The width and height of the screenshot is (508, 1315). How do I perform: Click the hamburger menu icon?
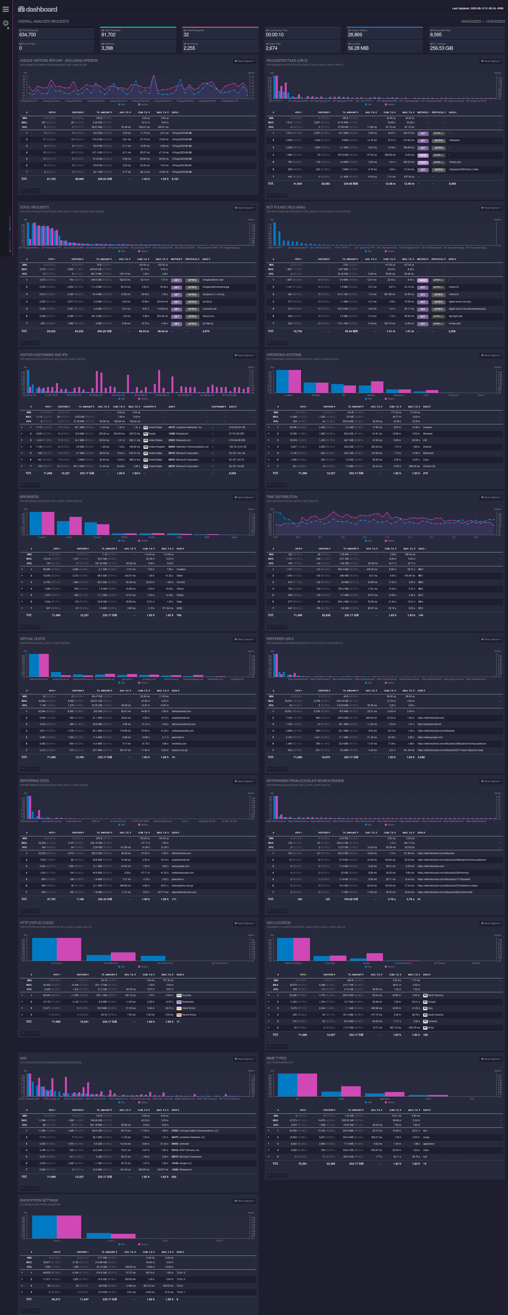(x=6, y=9)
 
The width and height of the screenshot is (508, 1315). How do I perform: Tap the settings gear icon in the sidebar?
(x=6, y=23)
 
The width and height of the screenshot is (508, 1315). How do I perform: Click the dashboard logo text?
(x=38, y=9)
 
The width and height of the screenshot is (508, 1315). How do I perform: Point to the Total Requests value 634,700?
(x=28, y=35)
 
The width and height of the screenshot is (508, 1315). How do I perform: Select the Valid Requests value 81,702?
(x=108, y=35)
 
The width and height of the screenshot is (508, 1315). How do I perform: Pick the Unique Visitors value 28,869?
(x=355, y=35)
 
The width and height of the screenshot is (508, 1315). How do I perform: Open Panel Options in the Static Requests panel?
(x=244, y=208)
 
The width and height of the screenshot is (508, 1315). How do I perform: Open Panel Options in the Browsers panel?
(x=244, y=497)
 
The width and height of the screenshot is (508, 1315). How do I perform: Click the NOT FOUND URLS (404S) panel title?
(x=286, y=207)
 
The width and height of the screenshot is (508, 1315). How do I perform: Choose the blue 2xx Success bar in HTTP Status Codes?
(x=44, y=949)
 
